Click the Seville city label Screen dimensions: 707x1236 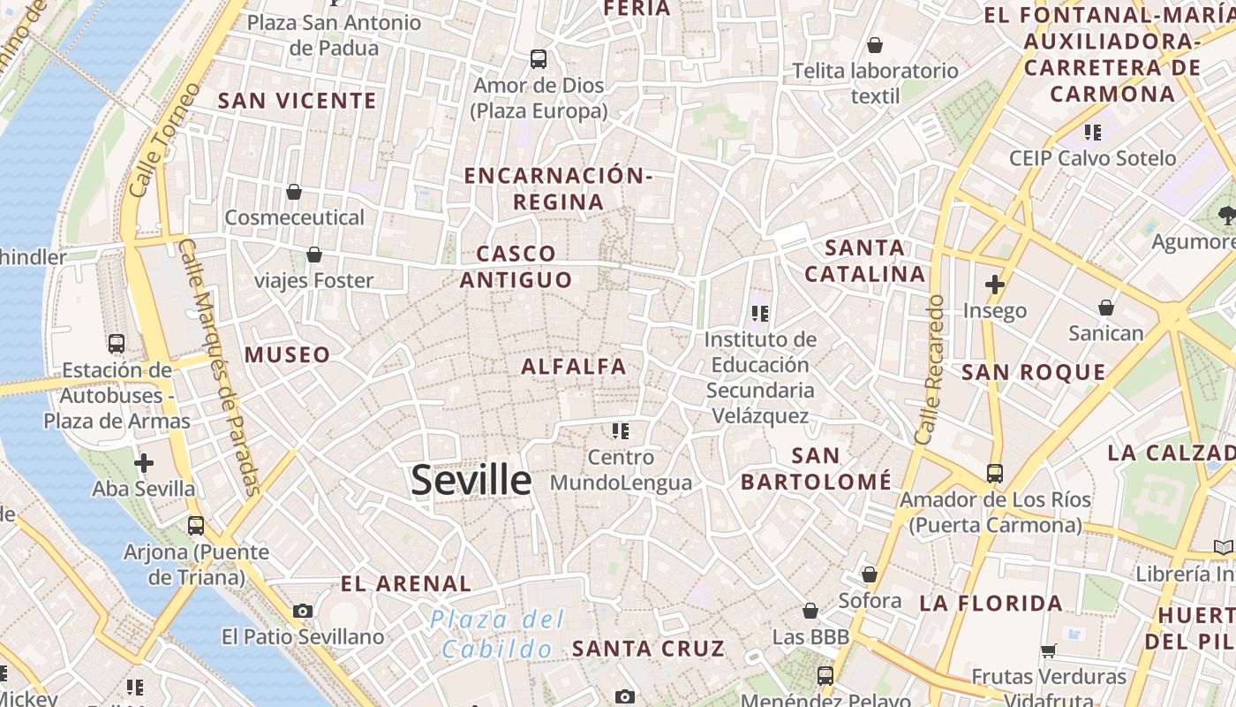pyautogui.click(x=471, y=480)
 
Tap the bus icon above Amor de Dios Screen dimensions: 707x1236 pyautogui.click(x=539, y=59)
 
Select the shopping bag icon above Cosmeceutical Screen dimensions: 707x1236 pyautogui.click(x=294, y=192)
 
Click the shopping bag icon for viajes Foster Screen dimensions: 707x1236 pyautogui.click(x=313, y=255)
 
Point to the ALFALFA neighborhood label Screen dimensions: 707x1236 pyautogui.click(x=574, y=366)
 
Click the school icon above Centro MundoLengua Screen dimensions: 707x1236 pyautogui.click(x=621, y=431)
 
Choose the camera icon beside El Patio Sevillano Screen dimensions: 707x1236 pyautogui.click(x=303, y=611)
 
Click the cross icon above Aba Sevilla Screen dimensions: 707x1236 pyautogui.click(x=144, y=463)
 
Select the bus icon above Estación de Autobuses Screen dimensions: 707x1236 pyautogui.click(x=116, y=344)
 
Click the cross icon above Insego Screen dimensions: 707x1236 pyautogui.click(x=995, y=285)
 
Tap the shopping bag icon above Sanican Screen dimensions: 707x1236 pyautogui.click(x=1106, y=308)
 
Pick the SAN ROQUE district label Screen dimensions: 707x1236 pyautogui.click(x=1033, y=372)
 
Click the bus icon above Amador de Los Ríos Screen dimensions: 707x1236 pyautogui.click(x=995, y=474)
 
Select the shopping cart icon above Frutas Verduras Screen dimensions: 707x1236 pyautogui.click(x=1049, y=651)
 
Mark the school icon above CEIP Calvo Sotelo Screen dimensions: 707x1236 pyautogui.click(x=1093, y=133)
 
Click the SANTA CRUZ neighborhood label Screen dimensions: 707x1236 pyautogui.click(x=648, y=649)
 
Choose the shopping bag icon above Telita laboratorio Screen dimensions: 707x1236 pyautogui.click(x=875, y=45)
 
